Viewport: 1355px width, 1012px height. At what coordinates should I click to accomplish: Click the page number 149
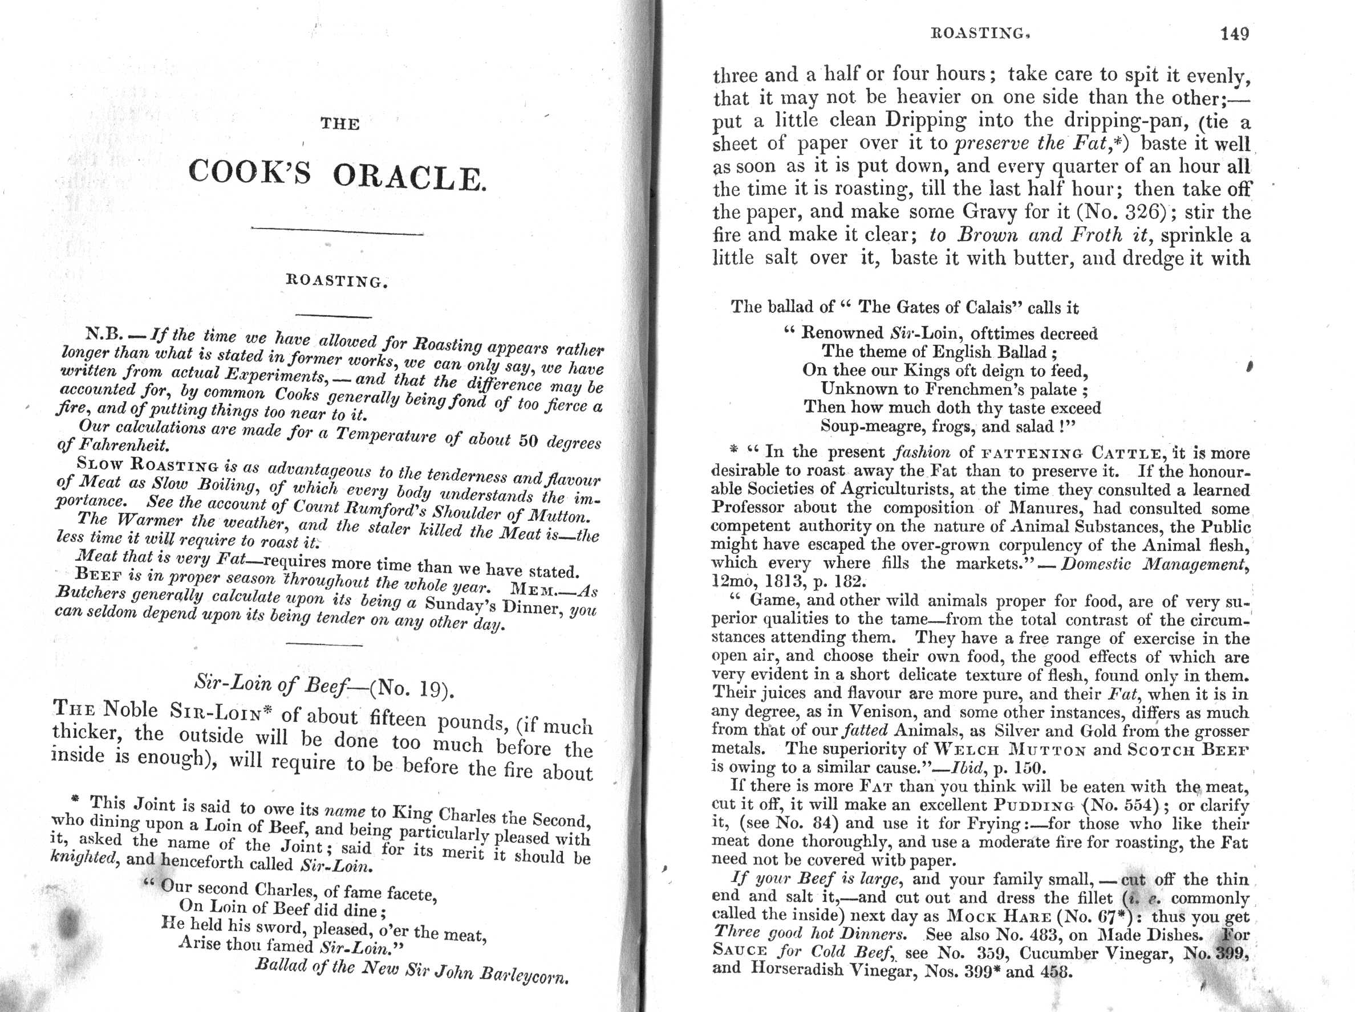(x=1234, y=34)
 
